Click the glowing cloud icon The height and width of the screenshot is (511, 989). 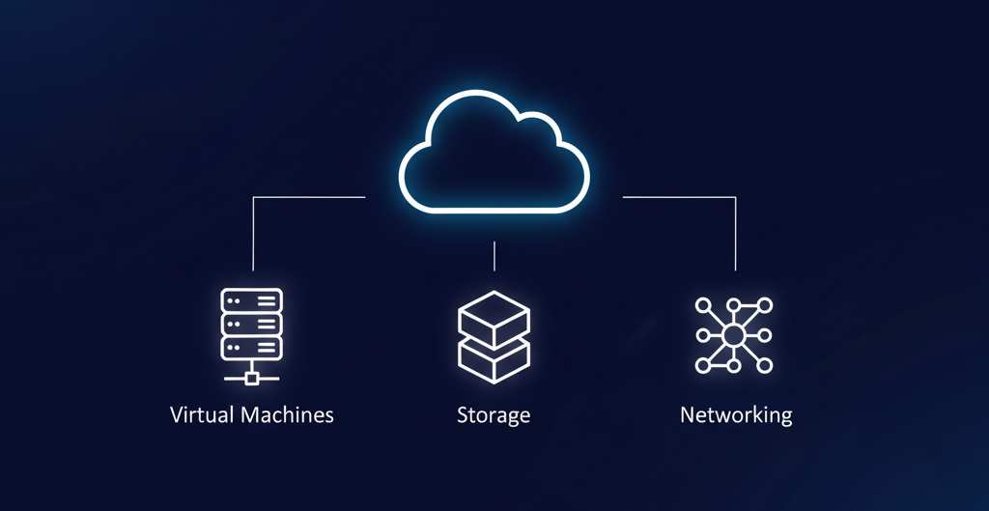pos(494,152)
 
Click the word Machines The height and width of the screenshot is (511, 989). pos(287,415)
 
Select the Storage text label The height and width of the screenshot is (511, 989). pos(494,416)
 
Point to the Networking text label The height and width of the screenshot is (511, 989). pos(736,415)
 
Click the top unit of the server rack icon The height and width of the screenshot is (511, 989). pos(251,300)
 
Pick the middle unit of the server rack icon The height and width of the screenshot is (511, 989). pos(251,324)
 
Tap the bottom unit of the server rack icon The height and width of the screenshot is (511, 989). pos(251,347)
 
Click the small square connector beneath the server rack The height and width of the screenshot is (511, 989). pos(251,378)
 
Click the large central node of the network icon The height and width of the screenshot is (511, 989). pos(733,335)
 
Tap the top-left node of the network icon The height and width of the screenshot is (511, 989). pos(702,305)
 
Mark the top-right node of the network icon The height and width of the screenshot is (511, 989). pos(765,305)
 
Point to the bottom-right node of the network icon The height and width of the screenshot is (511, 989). pos(765,365)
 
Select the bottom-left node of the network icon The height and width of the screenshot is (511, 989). pos(702,365)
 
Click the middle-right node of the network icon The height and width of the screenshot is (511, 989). pos(765,335)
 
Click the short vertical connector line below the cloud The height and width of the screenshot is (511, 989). pos(494,256)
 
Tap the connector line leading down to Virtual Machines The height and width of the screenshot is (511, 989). pos(253,232)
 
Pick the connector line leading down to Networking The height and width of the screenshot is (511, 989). pos(735,232)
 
